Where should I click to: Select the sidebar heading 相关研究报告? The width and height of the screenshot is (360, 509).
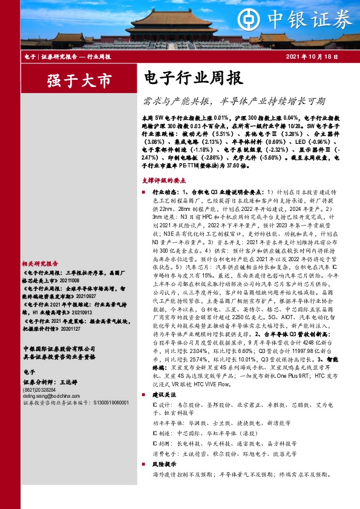(x=39, y=264)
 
